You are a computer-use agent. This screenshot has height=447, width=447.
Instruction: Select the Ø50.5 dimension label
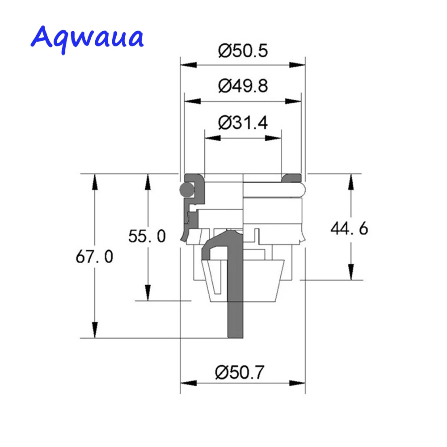tap(243, 51)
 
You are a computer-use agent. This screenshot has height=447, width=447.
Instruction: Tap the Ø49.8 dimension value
tap(243, 85)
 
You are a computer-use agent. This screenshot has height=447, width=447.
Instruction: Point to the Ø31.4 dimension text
tap(243, 122)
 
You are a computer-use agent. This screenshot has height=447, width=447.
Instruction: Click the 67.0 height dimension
tap(94, 257)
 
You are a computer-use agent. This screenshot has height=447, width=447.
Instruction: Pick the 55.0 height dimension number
tap(147, 236)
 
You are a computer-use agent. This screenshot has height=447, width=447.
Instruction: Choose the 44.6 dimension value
tap(349, 229)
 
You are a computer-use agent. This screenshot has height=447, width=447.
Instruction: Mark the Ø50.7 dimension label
tap(243, 371)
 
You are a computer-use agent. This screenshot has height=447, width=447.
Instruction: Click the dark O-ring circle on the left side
tap(185, 190)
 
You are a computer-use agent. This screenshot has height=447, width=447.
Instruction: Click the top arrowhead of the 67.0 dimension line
tap(94, 181)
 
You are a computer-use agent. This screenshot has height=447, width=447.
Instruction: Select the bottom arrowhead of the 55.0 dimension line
tap(147, 293)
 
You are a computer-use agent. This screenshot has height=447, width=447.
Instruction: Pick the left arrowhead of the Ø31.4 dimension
tap(212, 138)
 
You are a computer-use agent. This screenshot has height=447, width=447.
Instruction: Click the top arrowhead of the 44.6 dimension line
tap(351, 181)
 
